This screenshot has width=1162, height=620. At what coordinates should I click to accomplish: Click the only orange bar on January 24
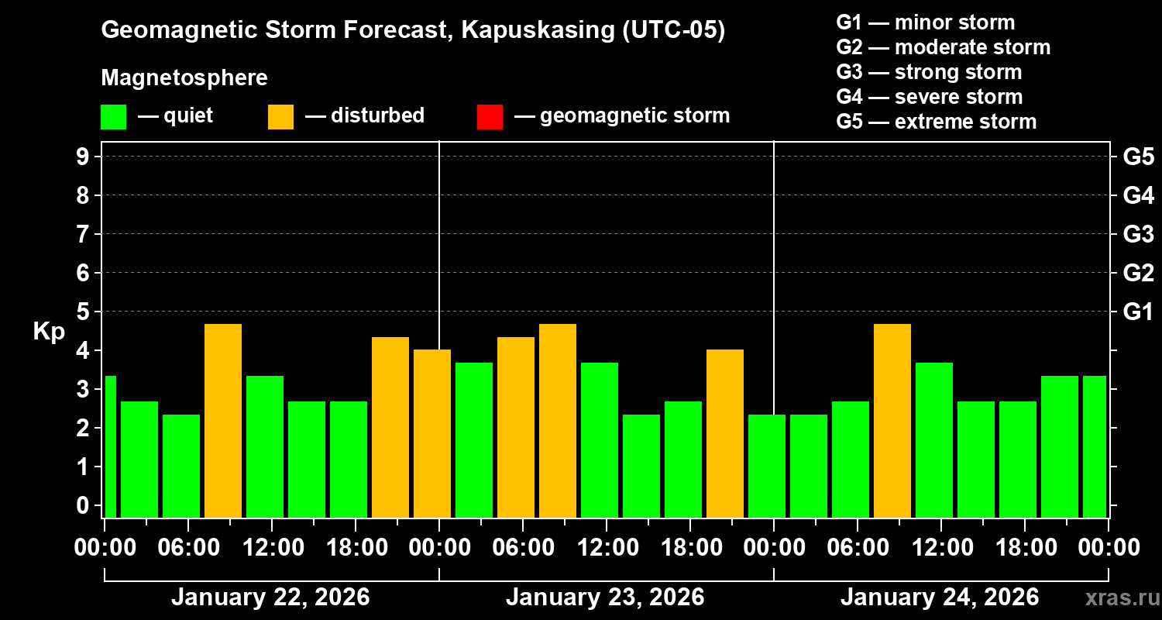892,420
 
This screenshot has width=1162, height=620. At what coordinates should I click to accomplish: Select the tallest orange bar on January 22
223,420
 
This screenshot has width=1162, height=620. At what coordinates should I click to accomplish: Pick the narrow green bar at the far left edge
110,446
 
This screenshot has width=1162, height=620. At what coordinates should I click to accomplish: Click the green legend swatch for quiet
113,117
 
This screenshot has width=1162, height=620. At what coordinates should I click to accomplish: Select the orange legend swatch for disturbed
280,117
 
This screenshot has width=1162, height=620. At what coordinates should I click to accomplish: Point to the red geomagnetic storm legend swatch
490,117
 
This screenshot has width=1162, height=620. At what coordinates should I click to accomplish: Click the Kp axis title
49,332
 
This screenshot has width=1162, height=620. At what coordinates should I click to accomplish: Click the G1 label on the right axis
1138,312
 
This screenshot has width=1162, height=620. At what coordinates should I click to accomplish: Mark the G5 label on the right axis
1138,157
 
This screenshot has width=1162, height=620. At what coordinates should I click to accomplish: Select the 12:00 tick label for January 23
607,548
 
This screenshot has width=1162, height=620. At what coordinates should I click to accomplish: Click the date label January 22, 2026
270,598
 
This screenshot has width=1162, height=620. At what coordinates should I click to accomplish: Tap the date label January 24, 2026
940,598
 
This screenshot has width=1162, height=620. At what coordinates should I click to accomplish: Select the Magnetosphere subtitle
184,78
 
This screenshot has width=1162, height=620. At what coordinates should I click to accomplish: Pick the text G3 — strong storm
929,72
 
